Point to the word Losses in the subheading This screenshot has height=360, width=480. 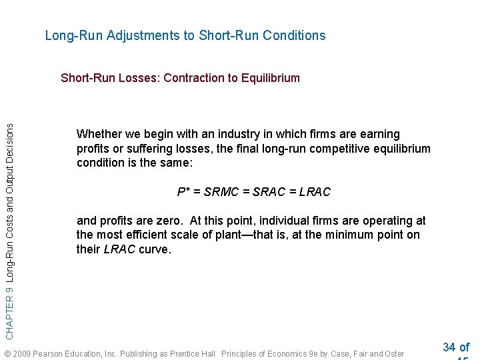point(137,78)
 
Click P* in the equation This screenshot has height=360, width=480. point(185,192)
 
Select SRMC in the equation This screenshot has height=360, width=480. point(223,192)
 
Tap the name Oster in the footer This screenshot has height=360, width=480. point(392,353)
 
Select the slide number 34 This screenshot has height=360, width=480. point(449,347)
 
